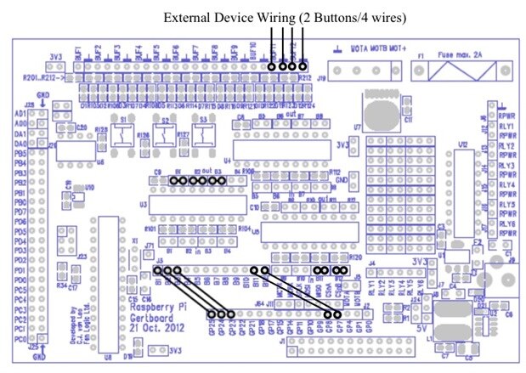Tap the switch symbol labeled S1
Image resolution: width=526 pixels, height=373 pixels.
click(128, 134)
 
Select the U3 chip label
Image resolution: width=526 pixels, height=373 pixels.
click(143, 204)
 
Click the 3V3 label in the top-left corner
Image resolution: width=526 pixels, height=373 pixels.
click(54, 56)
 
